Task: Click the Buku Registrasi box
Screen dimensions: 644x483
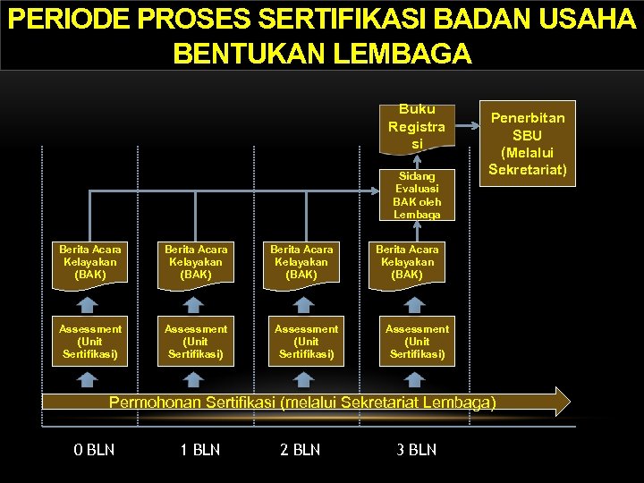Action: click(x=417, y=126)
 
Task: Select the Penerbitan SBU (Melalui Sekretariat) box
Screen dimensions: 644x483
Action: click(x=528, y=143)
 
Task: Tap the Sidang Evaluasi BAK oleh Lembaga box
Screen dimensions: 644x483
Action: click(x=417, y=195)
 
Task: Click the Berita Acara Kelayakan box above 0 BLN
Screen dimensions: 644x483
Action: click(x=90, y=262)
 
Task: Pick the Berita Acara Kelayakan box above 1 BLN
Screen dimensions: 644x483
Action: click(x=196, y=262)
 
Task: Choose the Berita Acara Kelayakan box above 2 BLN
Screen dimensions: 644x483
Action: click(x=301, y=262)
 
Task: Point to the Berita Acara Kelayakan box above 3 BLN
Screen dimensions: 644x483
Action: click(x=407, y=262)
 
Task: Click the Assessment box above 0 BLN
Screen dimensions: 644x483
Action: click(x=90, y=342)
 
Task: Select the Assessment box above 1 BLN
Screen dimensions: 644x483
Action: click(x=196, y=342)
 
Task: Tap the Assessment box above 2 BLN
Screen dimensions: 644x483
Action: click(x=306, y=342)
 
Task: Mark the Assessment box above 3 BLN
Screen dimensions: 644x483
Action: click(x=417, y=342)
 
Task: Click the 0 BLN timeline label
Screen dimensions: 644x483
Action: click(x=94, y=449)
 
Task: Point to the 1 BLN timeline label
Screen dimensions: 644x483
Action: click(x=199, y=449)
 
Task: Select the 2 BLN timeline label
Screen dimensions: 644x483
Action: click(x=300, y=449)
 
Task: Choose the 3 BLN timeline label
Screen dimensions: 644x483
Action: click(x=417, y=449)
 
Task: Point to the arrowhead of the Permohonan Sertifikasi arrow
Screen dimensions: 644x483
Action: click(x=561, y=402)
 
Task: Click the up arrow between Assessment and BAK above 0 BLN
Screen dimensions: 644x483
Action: click(x=87, y=303)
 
